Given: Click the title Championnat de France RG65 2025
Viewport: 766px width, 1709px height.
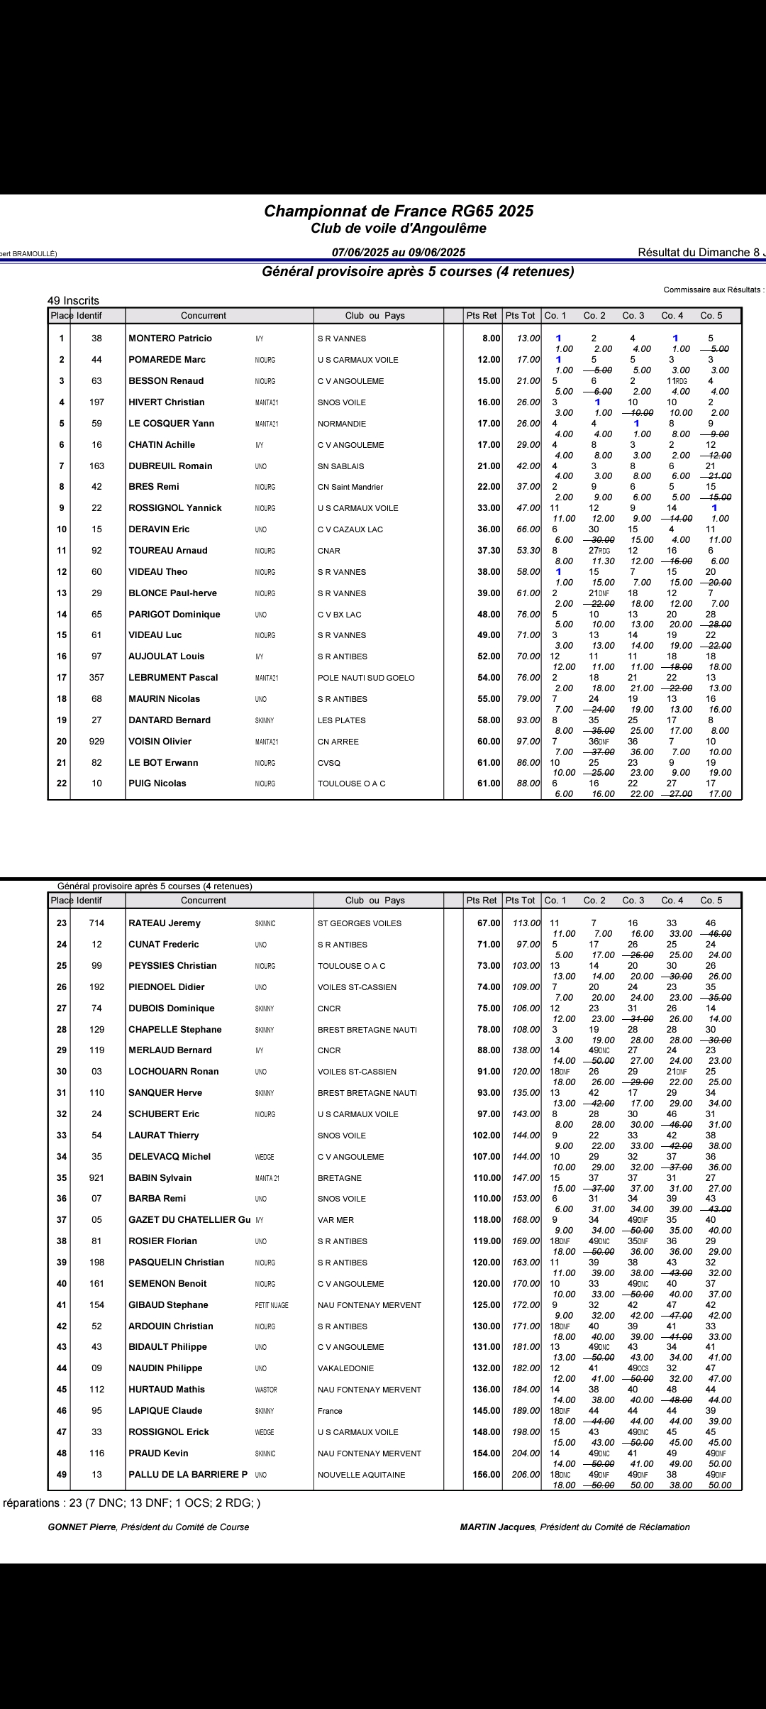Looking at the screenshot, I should coord(399,211).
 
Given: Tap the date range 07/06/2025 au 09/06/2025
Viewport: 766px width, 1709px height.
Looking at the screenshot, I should coord(399,253).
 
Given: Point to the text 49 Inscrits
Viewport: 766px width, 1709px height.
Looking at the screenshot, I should coord(73,301).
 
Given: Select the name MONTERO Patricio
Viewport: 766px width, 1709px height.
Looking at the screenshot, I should coord(170,339).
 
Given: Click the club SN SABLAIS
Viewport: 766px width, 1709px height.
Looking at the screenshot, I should coord(341,466).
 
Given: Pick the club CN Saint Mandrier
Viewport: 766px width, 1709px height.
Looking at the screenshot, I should coord(350,487).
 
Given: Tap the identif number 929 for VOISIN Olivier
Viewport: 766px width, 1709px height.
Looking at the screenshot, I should coord(96,742).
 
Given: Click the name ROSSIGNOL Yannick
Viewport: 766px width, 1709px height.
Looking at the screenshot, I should coord(175,508).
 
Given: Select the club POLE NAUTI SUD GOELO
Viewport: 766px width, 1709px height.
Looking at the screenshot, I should coord(367,678).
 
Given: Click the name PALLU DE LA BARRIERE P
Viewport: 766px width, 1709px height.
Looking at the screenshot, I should coord(188,1475).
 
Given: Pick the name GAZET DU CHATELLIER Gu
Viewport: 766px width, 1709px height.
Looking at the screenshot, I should coord(189,1220).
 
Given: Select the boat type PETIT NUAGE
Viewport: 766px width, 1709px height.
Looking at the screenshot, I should coord(272,1305).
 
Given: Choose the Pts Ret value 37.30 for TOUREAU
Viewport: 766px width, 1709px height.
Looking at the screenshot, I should coord(489,551).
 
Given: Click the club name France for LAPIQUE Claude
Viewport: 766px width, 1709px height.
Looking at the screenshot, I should coord(330,1411).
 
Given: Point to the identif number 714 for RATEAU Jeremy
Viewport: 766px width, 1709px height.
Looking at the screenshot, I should coord(96,923).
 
